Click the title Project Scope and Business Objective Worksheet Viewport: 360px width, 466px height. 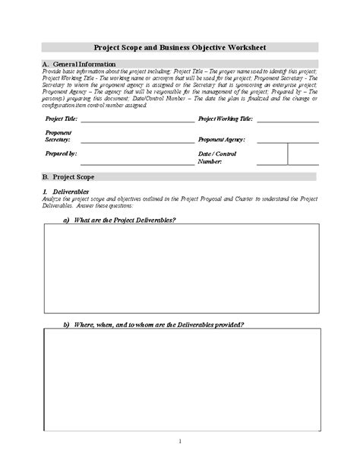pos(180,46)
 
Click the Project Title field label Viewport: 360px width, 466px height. pos(61,119)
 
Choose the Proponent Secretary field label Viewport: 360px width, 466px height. pos(58,136)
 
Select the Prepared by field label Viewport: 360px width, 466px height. pos(61,154)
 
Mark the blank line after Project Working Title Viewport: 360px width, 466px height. pos(290,122)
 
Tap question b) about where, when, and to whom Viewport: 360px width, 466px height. pos(153,325)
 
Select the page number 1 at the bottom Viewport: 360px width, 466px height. pos(180,441)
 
